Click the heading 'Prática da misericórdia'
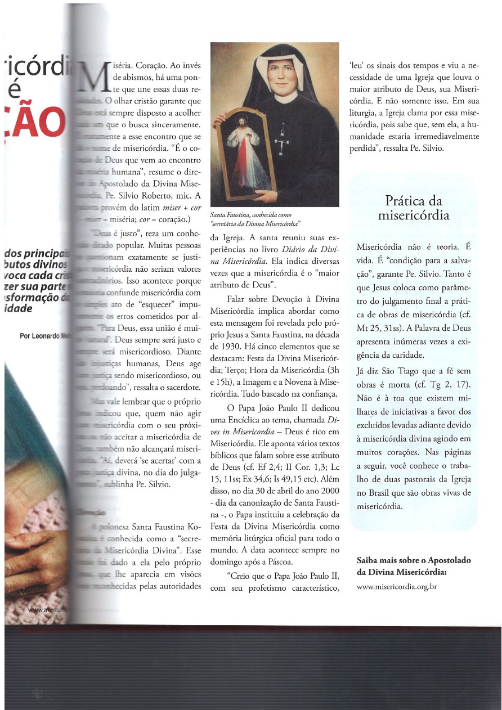(414, 208)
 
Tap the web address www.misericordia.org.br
(397, 586)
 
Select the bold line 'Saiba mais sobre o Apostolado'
(414, 560)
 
